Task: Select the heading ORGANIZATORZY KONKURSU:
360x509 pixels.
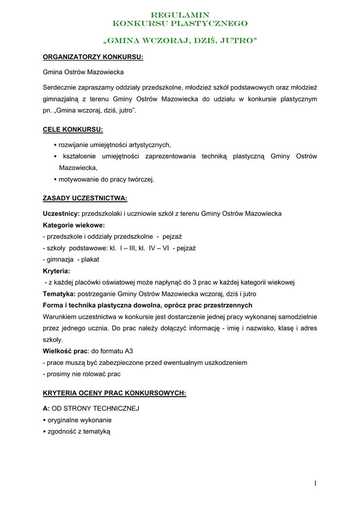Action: pyautogui.click(x=93, y=57)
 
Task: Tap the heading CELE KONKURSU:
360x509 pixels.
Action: pyautogui.click(x=73, y=130)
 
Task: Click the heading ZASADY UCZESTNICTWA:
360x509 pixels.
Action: pyautogui.click(x=85, y=198)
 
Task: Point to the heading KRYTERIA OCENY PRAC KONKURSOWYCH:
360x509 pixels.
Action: pyautogui.click(x=114, y=393)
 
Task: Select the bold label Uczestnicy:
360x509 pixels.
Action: pyautogui.click(x=61, y=214)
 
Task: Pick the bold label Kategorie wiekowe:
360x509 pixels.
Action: pyautogui.click(x=74, y=225)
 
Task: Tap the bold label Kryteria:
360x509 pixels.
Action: pyautogui.click(x=56, y=271)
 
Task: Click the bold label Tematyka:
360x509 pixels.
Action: pyautogui.click(x=59, y=294)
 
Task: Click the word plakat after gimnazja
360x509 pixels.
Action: pyautogui.click(x=90, y=259)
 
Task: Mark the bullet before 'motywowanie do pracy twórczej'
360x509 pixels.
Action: pyautogui.click(x=55, y=179)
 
